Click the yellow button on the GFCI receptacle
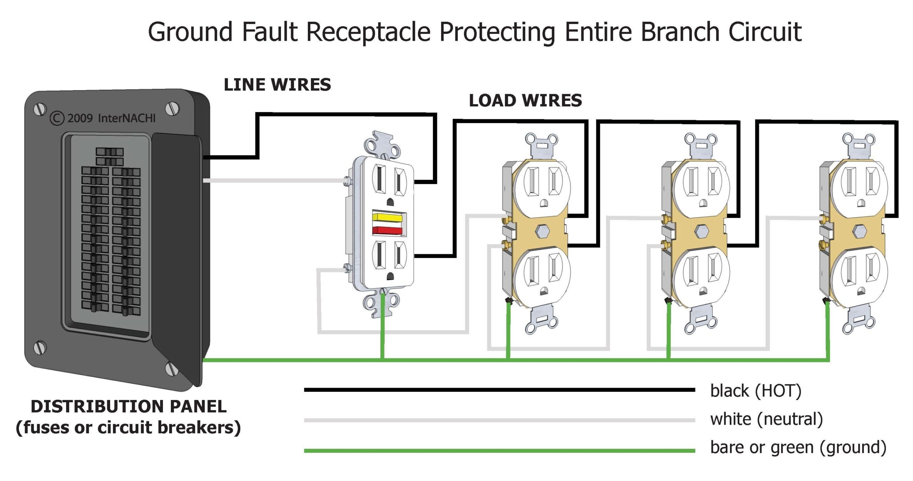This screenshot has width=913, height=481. (x=387, y=217)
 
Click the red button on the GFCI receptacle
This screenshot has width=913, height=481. (x=387, y=230)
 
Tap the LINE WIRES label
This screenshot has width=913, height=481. (x=277, y=85)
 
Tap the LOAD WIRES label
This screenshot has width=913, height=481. (x=525, y=101)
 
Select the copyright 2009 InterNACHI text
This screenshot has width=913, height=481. (x=103, y=118)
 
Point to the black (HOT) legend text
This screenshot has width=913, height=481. (x=756, y=391)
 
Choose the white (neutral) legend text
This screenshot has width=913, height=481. (x=766, y=419)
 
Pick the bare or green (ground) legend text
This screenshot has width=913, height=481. (x=798, y=447)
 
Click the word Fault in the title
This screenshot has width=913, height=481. (x=270, y=32)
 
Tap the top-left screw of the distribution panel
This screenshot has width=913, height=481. (x=40, y=109)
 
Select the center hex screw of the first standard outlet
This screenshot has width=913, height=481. (x=543, y=231)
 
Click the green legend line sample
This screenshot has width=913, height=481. (x=499, y=451)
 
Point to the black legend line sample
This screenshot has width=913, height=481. (x=499, y=390)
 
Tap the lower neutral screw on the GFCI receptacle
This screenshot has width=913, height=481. (x=346, y=267)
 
